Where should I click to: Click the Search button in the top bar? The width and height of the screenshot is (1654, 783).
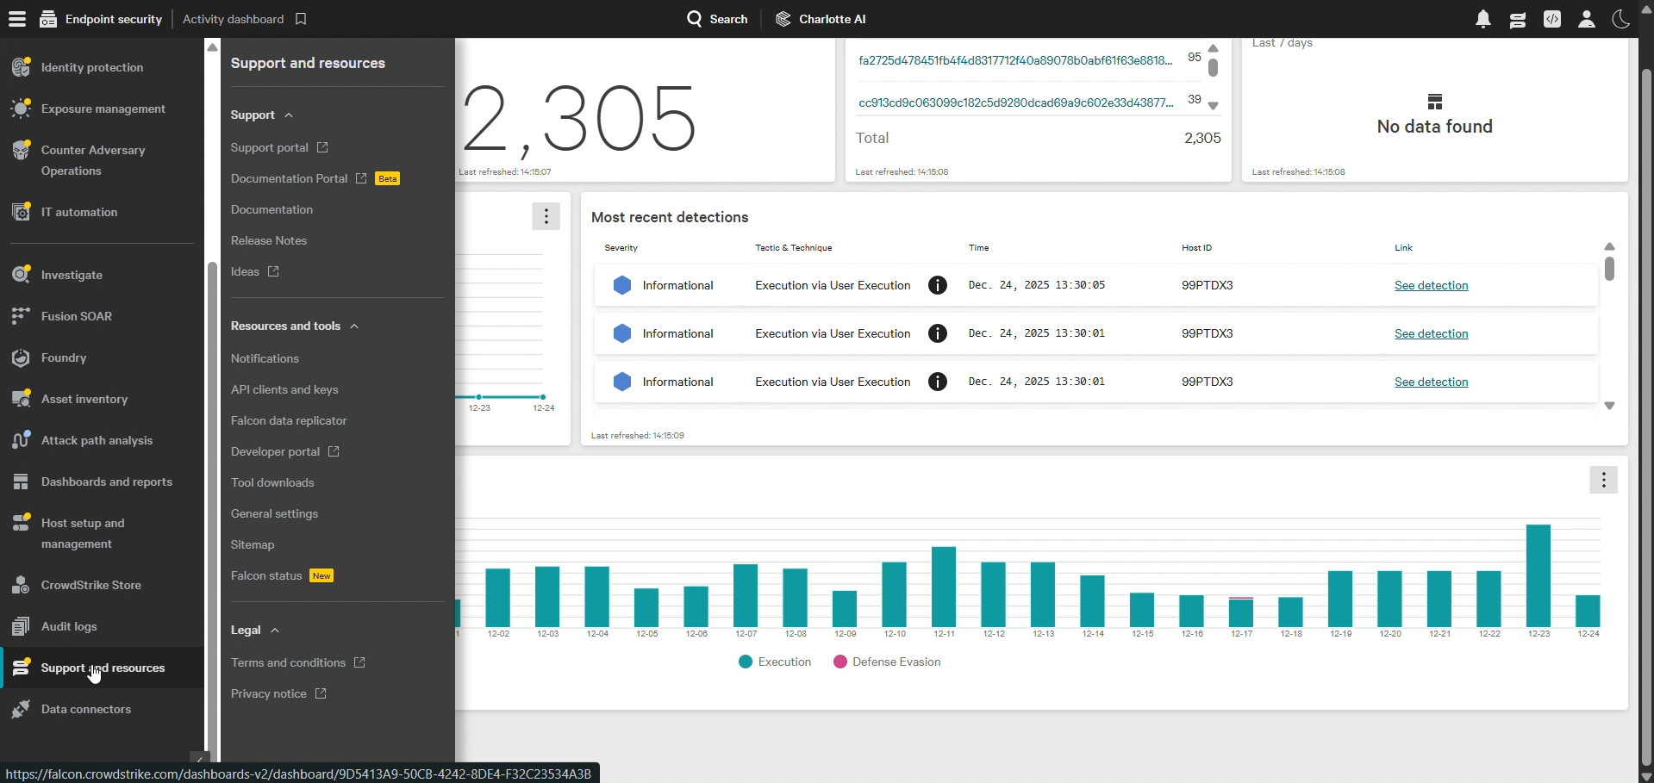coord(717,19)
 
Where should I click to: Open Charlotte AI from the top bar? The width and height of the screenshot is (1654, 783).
coord(821,19)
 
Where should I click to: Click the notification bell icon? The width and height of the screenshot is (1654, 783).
coord(1483,19)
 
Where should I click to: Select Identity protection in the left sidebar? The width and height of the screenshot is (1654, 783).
coord(92,67)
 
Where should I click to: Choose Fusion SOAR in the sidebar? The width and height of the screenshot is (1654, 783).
coord(77,316)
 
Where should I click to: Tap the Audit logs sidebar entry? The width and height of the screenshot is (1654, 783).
coord(69,626)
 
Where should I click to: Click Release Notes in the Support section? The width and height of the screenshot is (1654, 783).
coord(269,240)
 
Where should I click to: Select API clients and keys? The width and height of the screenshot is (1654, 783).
coord(284,389)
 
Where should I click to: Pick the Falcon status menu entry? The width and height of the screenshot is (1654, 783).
coord(266,575)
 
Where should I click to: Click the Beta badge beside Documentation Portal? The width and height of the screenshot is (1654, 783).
coord(388,179)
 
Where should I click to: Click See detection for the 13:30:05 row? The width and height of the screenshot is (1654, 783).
coord(1432,285)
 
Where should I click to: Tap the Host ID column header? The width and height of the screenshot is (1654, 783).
coord(1196,247)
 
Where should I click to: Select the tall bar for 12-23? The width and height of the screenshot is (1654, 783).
coord(1539,575)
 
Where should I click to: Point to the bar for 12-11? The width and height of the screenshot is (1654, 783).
coord(944,587)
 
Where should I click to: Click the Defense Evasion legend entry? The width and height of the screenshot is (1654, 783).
coord(887,662)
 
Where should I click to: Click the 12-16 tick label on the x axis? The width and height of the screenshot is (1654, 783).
coord(1192,634)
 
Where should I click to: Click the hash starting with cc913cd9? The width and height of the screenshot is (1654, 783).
coord(1016,103)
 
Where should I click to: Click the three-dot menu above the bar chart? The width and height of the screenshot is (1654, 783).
coord(1603,480)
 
